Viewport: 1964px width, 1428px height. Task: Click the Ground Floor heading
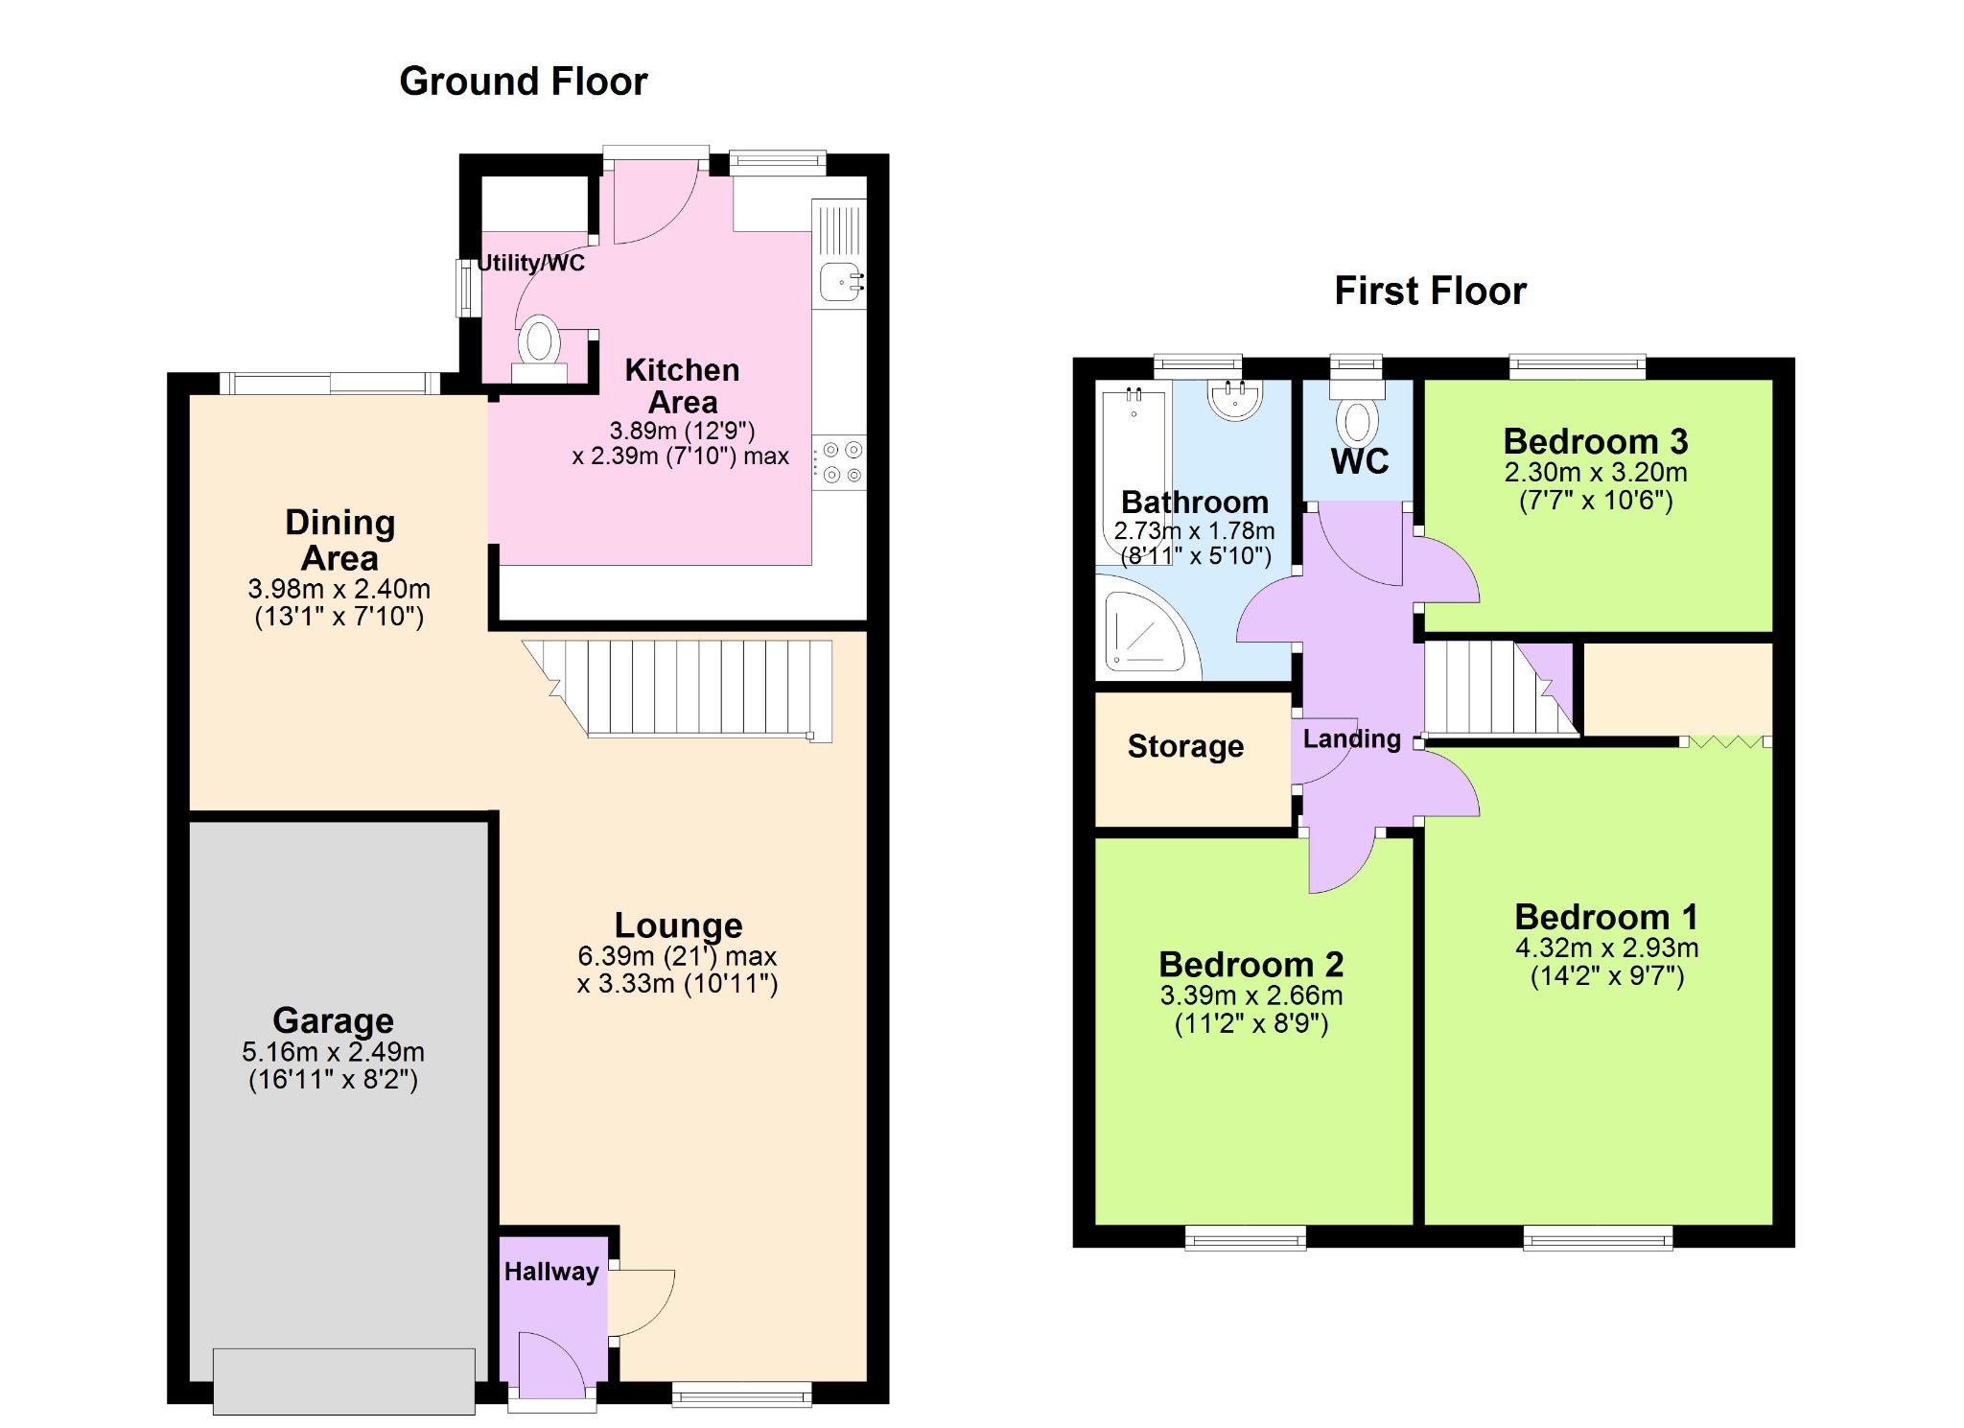tap(524, 82)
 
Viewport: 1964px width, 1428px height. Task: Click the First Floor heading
tap(1430, 291)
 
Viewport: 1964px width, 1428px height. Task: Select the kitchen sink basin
tap(841, 281)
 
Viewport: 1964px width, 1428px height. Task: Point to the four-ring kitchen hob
tap(839, 462)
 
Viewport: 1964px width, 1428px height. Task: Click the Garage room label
tap(333, 1020)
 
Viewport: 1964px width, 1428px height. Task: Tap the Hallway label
tap(551, 1272)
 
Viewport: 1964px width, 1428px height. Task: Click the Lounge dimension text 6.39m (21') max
tap(677, 956)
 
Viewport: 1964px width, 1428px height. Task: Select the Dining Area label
tap(339, 540)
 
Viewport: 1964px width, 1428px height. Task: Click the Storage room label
tap(1185, 746)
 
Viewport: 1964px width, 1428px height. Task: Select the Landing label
tap(1352, 738)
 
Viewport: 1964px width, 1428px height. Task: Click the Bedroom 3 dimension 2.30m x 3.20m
tap(1596, 472)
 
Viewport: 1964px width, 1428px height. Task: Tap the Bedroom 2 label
tap(1251, 964)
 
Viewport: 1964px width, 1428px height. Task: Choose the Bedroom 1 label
tap(1606, 917)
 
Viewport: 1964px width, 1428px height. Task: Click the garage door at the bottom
tap(343, 1381)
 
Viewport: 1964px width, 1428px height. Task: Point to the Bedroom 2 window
tap(1246, 1238)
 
